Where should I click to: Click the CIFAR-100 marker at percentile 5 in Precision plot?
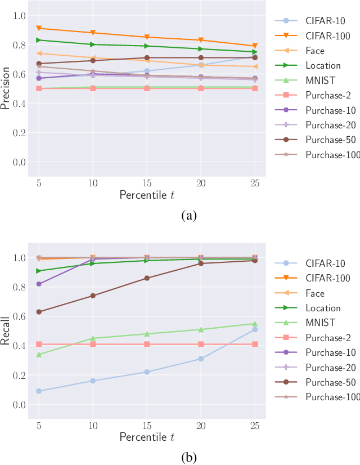point(39,28)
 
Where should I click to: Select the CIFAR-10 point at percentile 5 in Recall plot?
point(39,391)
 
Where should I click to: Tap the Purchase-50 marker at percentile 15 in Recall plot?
point(147,278)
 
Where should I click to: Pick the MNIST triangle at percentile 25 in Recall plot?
point(255,324)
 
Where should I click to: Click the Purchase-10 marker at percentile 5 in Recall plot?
point(39,284)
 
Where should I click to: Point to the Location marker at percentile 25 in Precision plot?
point(255,52)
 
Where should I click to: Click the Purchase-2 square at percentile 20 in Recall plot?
point(201,344)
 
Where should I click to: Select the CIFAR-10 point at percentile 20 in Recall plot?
point(201,359)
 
